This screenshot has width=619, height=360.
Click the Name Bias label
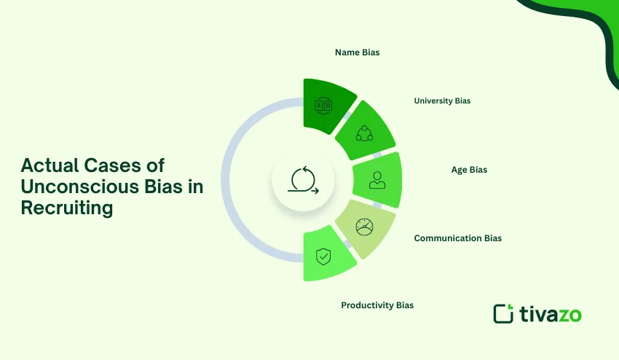click(x=357, y=52)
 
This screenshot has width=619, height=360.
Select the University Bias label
click(x=442, y=101)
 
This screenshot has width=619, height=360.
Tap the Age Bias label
click(x=469, y=170)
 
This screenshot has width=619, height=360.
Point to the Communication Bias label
click(x=457, y=238)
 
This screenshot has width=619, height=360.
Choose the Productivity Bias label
click(x=377, y=305)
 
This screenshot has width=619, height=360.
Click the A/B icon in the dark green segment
click(x=322, y=106)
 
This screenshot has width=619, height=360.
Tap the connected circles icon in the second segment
click(x=363, y=133)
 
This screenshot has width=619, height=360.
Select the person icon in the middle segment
click(x=376, y=180)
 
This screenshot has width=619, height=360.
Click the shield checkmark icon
click(x=322, y=256)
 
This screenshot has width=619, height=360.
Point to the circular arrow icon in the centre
click(x=303, y=180)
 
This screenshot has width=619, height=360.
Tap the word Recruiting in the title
click(x=67, y=208)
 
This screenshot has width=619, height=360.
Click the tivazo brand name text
click(x=551, y=314)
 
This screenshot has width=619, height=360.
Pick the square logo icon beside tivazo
click(x=503, y=313)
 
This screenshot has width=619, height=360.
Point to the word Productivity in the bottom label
click(x=367, y=305)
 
